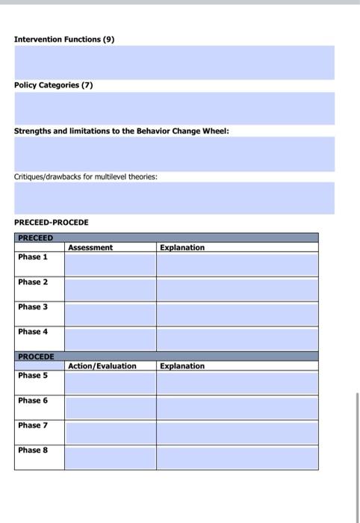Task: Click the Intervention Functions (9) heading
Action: (x=64, y=39)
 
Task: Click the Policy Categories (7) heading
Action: (x=54, y=85)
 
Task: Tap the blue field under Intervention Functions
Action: (x=175, y=62)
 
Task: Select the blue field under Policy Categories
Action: (x=175, y=108)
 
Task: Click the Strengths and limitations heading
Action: (x=122, y=131)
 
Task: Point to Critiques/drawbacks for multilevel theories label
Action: (x=86, y=177)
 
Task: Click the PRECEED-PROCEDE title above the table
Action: (x=52, y=223)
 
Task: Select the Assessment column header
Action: (x=90, y=247)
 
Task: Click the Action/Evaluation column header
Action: (x=102, y=366)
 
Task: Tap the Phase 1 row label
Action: (x=33, y=257)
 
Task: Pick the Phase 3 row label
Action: (x=33, y=306)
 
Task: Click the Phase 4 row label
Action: (x=33, y=331)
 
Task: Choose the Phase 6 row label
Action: (x=33, y=400)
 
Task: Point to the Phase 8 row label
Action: (x=33, y=450)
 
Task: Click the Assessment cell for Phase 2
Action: (x=110, y=288)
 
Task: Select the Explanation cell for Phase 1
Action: (x=237, y=264)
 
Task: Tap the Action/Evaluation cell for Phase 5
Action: (x=110, y=383)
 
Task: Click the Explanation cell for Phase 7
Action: (x=237, y=432)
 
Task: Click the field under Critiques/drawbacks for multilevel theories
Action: (x=175, y=198)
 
